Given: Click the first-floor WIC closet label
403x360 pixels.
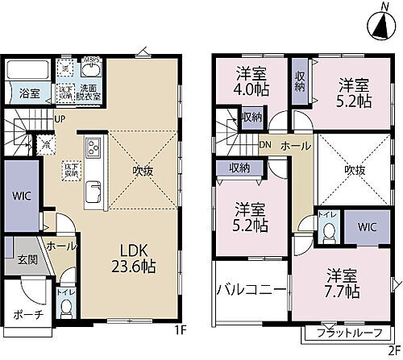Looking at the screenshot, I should click(x=20, y=196).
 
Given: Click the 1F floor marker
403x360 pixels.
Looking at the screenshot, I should click(x=181, y=330).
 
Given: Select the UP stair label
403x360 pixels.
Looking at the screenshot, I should click(x=60, y=120).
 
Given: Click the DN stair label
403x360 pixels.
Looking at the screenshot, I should click(x=265, y=146).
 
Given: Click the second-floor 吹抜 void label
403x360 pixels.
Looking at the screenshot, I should click(x=355, y=171).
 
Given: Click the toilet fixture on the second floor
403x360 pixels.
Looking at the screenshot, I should click(x=328, y=233).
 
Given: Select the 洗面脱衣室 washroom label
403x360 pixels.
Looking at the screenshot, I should click(x=88, y=91).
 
